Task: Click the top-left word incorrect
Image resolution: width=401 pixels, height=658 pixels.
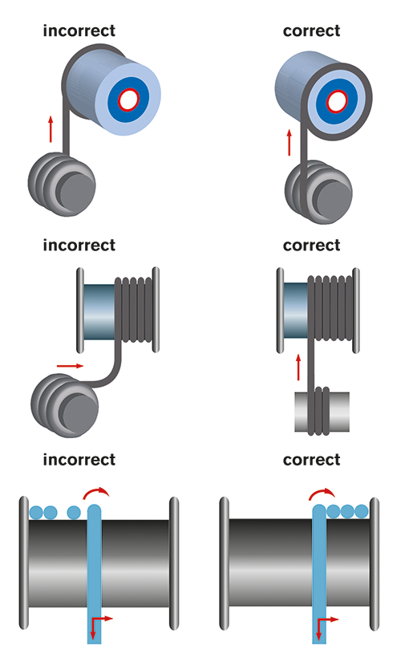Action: (x=79, y=31)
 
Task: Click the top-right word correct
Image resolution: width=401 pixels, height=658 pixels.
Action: (x=311, y=31)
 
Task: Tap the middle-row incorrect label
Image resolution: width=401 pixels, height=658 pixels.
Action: (x=79, y=246)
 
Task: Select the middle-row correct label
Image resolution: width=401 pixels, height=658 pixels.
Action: (x=311, y=246)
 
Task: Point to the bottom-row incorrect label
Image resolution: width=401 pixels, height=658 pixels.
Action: (x=79, y=460)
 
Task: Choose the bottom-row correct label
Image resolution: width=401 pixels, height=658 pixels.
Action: (x=311, y=460)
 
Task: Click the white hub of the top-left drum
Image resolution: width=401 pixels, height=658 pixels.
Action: (x=128, y=100)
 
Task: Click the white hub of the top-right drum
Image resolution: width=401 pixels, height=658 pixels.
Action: (x=337, y=101)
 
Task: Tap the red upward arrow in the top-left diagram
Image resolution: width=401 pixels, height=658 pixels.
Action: (x=51, y=128)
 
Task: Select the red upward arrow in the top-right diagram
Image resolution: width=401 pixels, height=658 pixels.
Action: (x=289, y=142)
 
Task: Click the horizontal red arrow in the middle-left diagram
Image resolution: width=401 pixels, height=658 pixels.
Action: (x=70, y=366)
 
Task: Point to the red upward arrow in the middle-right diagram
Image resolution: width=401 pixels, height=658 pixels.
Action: (x=298, y=368)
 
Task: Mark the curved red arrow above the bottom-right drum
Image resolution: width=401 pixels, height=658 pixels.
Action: (x=322, y=494)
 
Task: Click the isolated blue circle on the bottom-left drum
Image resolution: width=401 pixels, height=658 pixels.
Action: (x=74, y=513)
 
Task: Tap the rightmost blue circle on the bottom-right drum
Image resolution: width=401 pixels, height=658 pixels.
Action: (x=361, y=511)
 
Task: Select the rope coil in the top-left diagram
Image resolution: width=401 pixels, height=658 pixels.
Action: (x=62, y=185)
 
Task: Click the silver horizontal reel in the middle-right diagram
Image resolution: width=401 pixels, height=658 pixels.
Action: (x=322, y=412)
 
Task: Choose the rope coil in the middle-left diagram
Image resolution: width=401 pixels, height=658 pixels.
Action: (x=65, y=405)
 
